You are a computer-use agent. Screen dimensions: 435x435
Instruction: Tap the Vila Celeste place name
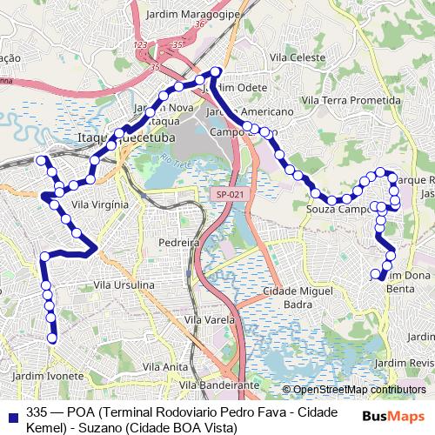tap(298, 57)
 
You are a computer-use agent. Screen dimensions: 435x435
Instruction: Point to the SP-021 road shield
tap(230, 195)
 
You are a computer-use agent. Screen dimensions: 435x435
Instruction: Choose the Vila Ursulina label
tap(124, 284)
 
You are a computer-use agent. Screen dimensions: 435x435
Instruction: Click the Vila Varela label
tap(208, 321)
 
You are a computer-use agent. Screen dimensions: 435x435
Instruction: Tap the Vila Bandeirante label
tap(218, 385)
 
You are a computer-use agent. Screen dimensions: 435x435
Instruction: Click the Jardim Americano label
tap(249, 112)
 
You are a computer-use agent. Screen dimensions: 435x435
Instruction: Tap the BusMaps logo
tap(394, 417)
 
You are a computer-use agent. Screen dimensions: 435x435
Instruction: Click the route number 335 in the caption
tap(37, 412)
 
